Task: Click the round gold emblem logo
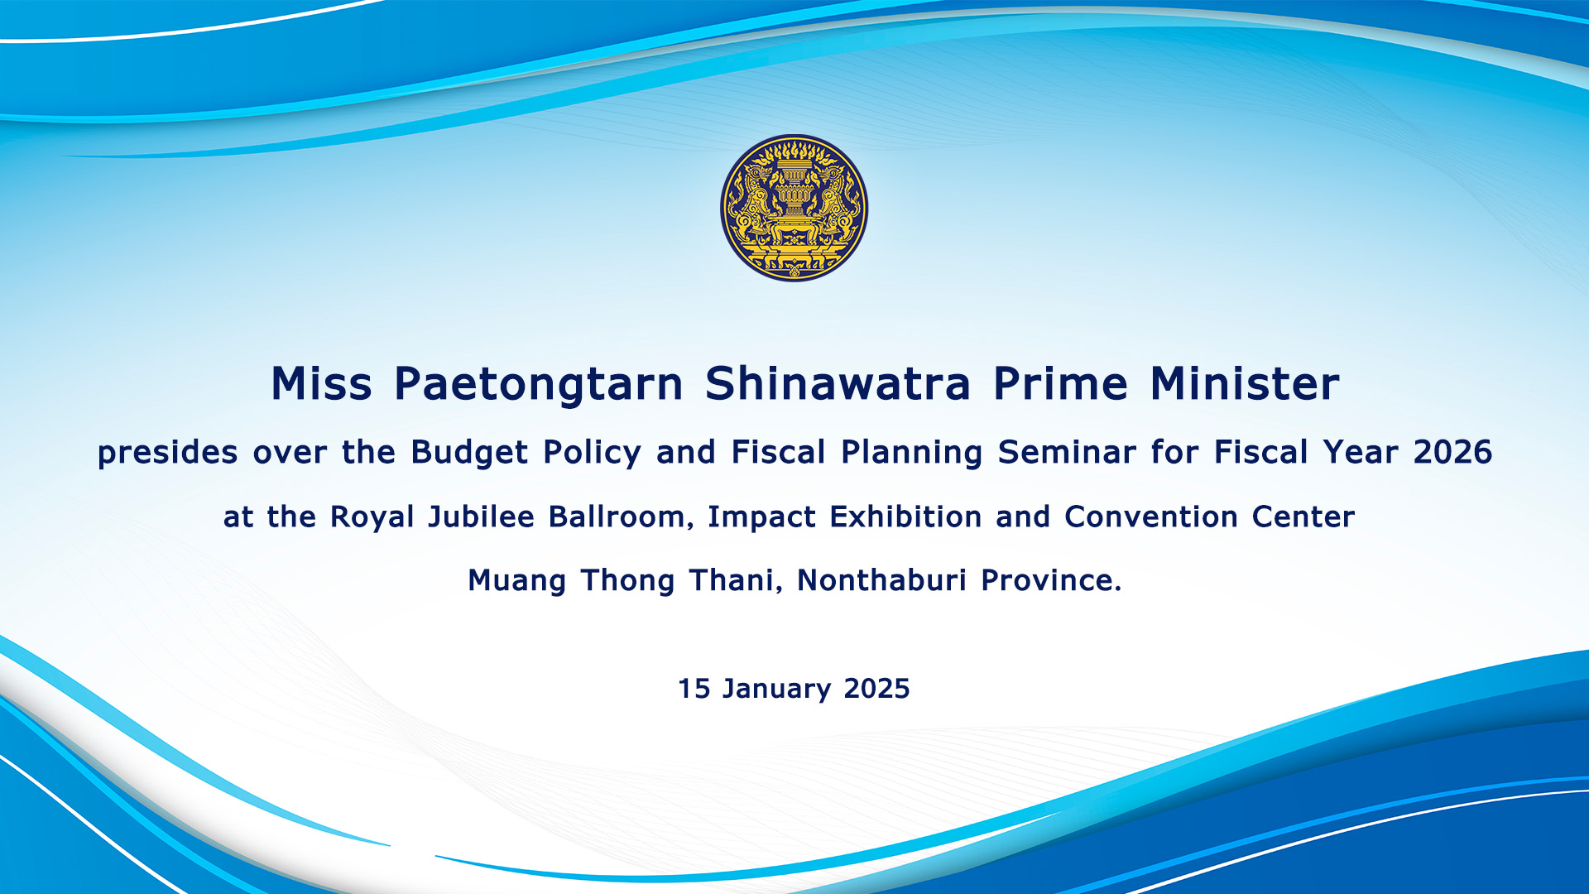(x=794, y=208)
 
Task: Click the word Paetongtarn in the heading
(x=539, y=385)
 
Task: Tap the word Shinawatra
(x=838, y=384)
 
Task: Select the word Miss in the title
(x=321, y=384)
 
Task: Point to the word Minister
(x=1245, y=384)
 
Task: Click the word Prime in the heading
(x=1060, y=384)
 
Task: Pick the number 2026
(x=1452, y=452)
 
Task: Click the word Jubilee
(x=481, y=517)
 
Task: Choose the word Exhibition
(x=905, y=517)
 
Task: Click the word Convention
(x=1151, y=517)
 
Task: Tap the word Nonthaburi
(x=881, y=580)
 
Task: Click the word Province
(x=1051, y=580)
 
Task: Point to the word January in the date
(x=776, y=690)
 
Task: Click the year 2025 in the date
(x=876, y=689)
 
